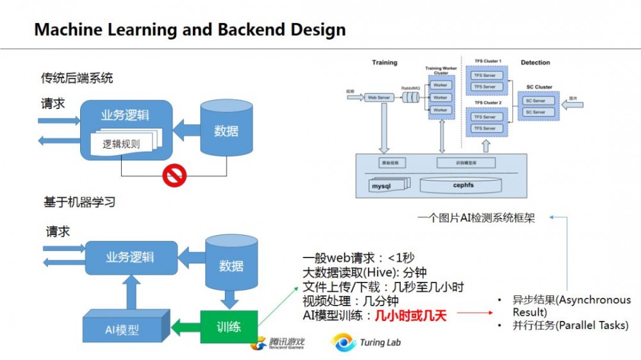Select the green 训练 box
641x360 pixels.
(229, 326)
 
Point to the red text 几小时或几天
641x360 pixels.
(410, 315)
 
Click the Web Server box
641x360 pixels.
(379, 97)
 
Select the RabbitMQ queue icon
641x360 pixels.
(410, 97)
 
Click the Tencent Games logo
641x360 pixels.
(278, 344)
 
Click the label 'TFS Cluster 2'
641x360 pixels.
(488, 102)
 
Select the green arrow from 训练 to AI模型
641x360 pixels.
(185, 327)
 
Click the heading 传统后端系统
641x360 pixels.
(77, 78)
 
